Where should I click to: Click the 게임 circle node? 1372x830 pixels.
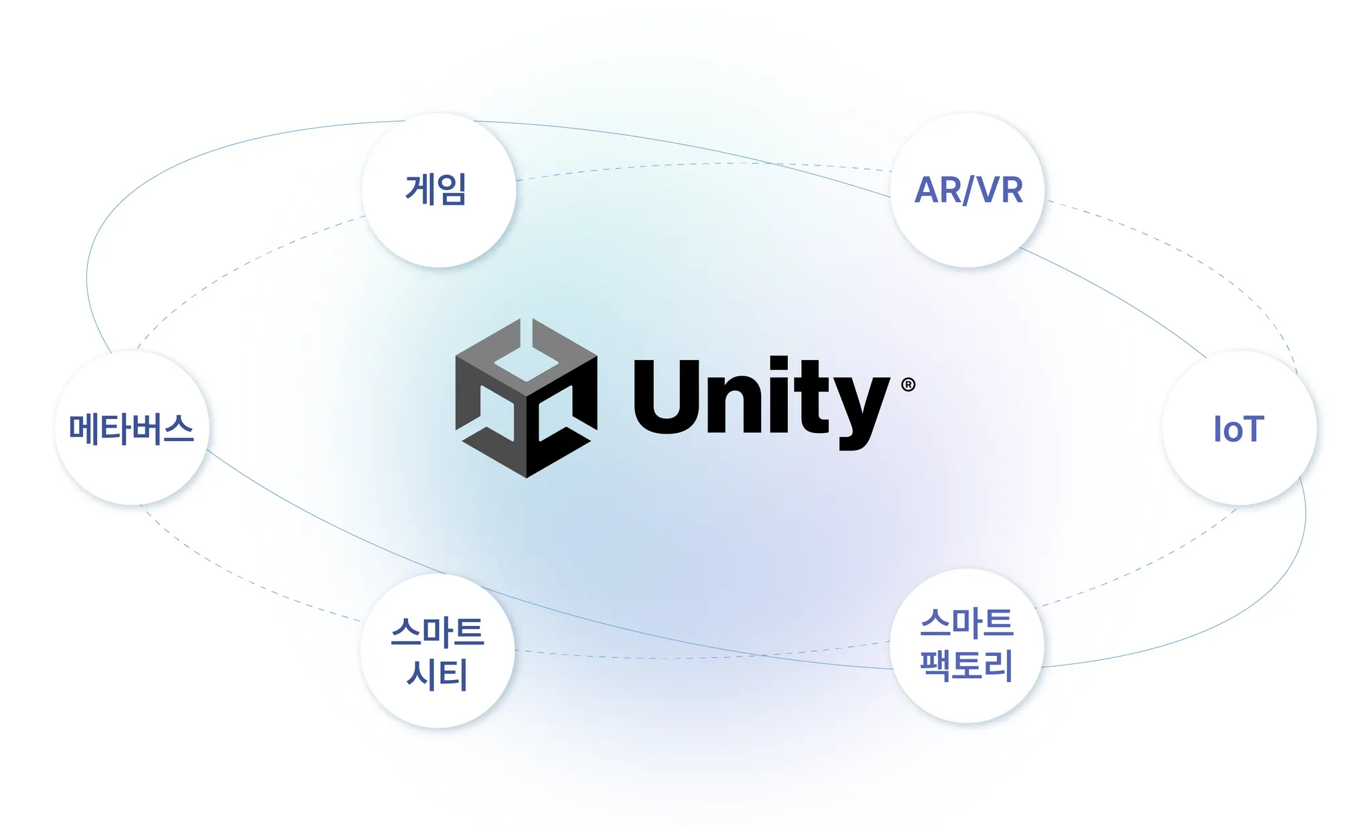coord(439,190)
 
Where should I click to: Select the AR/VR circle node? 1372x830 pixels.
coord(967,190)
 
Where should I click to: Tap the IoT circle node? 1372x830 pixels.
coord(1239,428)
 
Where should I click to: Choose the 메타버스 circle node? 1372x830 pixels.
coord(132,428)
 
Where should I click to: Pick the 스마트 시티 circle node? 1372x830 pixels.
coord(437,651)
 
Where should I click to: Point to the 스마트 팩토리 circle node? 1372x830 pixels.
coord(967,646)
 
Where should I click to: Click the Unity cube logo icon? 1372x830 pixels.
coord(526,398)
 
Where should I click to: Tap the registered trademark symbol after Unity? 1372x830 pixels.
coord(908,384)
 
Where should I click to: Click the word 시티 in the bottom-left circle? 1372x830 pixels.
coord(437,674)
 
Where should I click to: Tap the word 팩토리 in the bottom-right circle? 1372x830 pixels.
coord(967,666)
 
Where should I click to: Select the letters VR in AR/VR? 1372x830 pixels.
coord(998,190)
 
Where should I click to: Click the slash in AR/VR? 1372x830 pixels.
coord(964,190)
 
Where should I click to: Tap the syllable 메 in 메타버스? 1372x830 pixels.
coord(84,429)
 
